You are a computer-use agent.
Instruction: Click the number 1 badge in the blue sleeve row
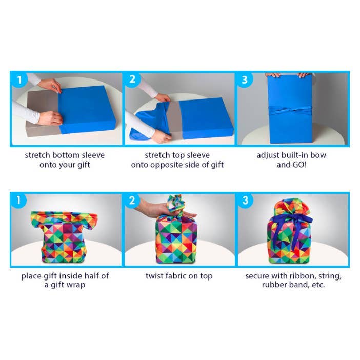pyautogui.click(x=19, y=79)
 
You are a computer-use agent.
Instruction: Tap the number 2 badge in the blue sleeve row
pyautogui.click(x=132, y=79)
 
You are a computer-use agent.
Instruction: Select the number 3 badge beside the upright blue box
pyautogui.click(x=245, y=79)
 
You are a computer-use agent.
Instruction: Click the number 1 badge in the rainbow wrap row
pyautogui.click(x=19, y=201)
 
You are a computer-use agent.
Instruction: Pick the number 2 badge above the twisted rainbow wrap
pyautogui.click(x=132, y=201)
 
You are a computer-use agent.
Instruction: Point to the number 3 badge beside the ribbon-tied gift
pyautogui.click(x=245, y=201)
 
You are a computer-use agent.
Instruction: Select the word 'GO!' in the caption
pyautogui.click(x=299, y=165)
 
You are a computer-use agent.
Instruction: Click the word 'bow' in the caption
pyautogui.click(x=318, y=155)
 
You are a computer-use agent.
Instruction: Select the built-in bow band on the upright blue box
pyautogui.click(x=290, y=110)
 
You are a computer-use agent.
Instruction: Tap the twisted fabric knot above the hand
pyautogui.click(x=176, y=203)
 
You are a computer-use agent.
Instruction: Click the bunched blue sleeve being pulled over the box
pyautogui.click(x=151, y=122)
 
